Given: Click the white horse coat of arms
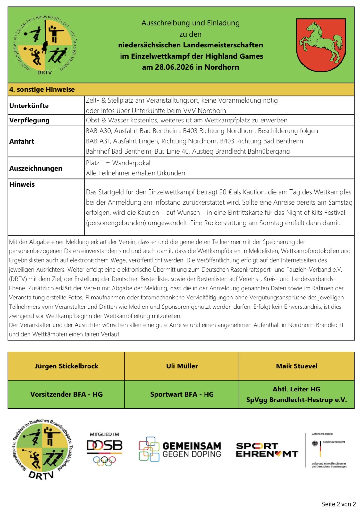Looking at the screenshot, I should (321, 45).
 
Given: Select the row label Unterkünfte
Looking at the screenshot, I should (29, 106).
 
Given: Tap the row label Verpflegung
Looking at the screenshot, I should (29, 120).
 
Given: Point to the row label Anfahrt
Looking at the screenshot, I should (22, 141).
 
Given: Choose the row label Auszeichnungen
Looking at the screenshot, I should (36, 168).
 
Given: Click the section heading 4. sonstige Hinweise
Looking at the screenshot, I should (42, 89).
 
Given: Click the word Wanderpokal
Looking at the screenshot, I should (131, 163).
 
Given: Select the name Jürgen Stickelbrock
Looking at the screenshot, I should (66, 366).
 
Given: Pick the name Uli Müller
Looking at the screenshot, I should (182, 366).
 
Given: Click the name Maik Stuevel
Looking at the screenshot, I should (297, 366).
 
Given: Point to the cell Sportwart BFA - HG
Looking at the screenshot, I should (182, 394).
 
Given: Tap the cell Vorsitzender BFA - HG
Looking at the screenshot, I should (66, 394).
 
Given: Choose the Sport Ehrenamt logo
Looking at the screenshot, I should (267, 450).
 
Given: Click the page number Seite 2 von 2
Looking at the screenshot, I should (338, 504).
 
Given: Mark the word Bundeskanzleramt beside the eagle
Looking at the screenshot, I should (334, 442).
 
